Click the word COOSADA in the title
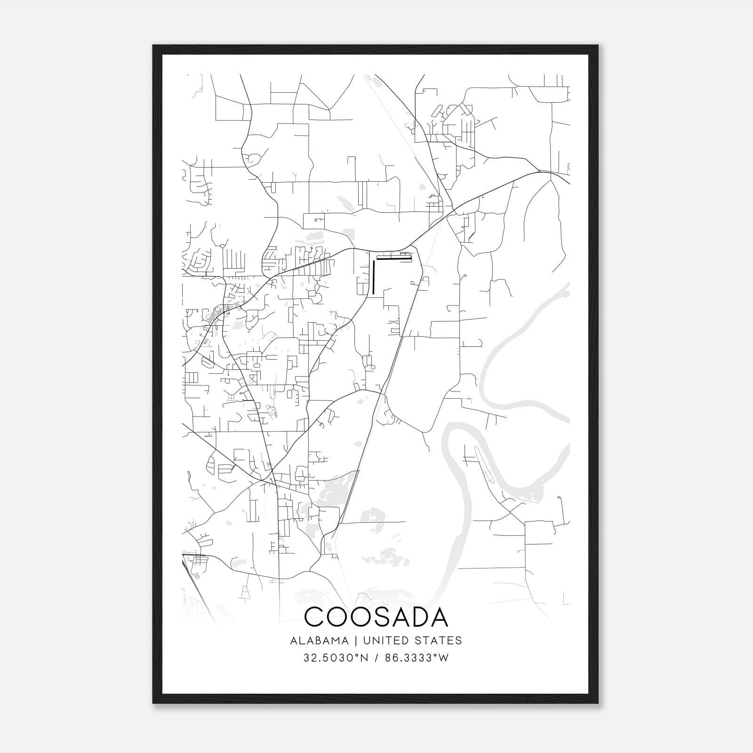(376, 617)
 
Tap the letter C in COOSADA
(316, 617)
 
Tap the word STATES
(440, 641)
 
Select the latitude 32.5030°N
(335, 658)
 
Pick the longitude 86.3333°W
(417, 658)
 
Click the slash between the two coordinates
(376, 658)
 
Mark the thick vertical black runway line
(373, 277)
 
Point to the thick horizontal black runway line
(394, 257)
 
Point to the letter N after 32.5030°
(362, 658)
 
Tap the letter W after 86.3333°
(443, 658)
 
